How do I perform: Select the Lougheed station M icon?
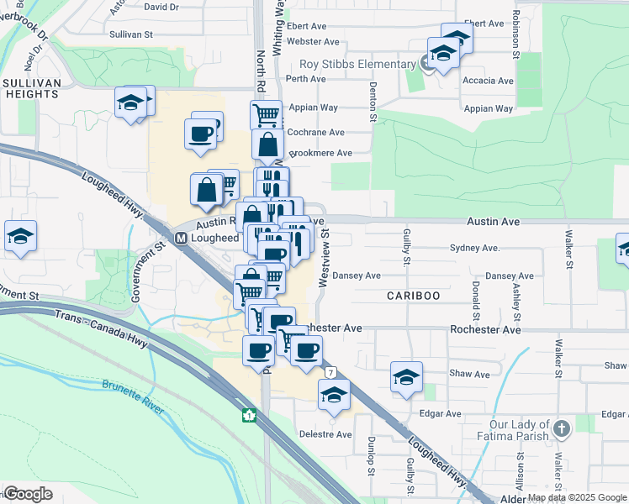tap(181, 239)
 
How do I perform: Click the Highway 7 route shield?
tap(332, 371)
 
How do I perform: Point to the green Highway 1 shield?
tap(249, 415)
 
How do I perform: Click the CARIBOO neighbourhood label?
tap(413, 297)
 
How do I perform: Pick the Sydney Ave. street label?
tap(475, 249)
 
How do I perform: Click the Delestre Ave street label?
tap(325, 434)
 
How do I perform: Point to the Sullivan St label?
tap(131, 34)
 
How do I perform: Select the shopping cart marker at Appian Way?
tap(266, 113)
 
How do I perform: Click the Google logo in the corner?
tap(28, 494)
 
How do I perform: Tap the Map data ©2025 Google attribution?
tap(577, 498)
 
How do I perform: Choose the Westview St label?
tap(321, 261)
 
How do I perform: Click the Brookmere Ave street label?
tap(320, 153)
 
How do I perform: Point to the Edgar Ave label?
tap(441, 414)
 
